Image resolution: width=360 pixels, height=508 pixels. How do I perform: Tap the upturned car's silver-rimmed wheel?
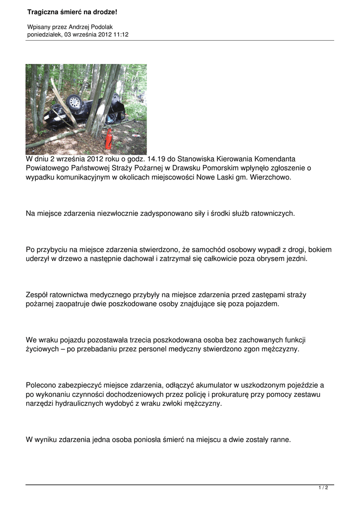[x=74, y=102]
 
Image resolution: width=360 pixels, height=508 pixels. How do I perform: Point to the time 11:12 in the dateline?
[x=122, y=35]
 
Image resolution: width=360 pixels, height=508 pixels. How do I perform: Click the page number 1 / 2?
[x=323, y=488]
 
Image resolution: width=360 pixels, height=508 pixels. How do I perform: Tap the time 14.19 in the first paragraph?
[x=152, y=159]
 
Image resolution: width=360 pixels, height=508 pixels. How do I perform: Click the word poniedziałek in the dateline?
[x=44, y=35]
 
